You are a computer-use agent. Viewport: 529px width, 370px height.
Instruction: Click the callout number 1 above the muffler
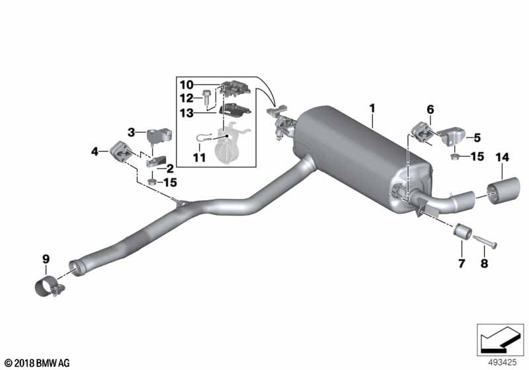point(372,108)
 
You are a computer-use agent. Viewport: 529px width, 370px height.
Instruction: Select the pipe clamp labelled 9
point(50,287)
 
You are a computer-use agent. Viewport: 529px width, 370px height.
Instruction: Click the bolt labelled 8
point(485,242)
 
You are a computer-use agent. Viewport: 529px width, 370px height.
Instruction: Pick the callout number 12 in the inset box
point(186,98)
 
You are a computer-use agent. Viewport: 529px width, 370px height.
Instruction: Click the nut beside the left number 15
point(152,182)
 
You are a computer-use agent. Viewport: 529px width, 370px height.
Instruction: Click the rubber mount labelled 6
point(421,132)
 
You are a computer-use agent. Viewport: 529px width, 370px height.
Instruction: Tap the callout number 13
point(186,113)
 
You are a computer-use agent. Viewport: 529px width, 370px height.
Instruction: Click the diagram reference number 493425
point(503,363)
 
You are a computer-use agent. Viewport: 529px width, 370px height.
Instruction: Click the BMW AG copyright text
point(38,363)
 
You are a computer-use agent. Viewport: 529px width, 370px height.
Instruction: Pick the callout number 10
point(186,85)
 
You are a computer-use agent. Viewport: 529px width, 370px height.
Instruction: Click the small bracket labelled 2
point(157,161)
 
